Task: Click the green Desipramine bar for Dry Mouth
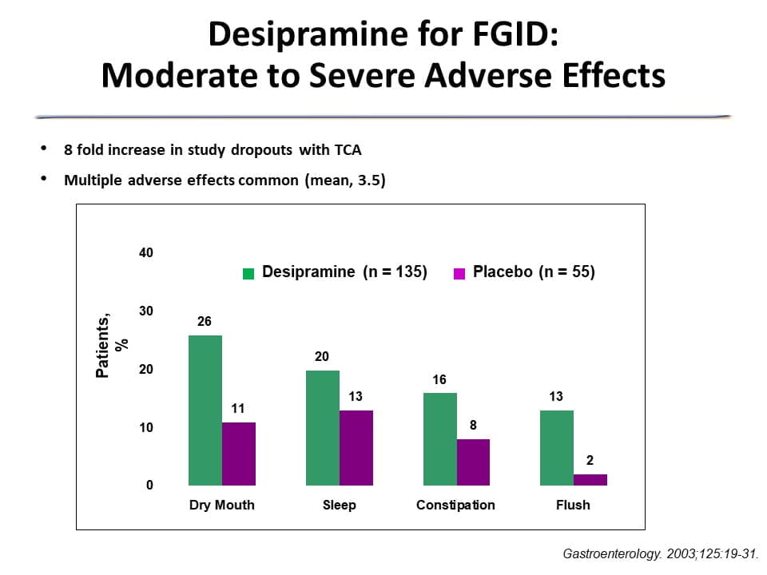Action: point(205,410)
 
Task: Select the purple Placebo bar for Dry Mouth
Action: point(239,454)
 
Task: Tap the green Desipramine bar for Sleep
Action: point(322,427)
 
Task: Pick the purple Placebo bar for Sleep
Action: point(356,447)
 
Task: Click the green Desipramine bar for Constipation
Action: point(439,438)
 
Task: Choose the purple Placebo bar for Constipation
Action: point(473,462)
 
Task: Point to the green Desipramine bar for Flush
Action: point(557,447)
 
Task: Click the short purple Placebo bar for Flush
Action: point(590,480)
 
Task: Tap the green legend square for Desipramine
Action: point(248,273)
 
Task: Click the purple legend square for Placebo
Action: point(459,273)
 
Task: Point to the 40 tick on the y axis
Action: point(145,253)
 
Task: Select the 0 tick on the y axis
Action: point(149,486)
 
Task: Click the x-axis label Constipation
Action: point(455,506)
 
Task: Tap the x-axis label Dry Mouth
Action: point(222,506)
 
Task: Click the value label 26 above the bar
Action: point(205,321)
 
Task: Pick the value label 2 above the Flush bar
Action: point(590,460)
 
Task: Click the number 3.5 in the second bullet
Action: point(368,180)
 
